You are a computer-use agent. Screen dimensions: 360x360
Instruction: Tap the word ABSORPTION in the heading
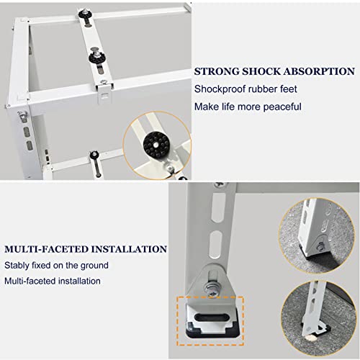pos(319,71)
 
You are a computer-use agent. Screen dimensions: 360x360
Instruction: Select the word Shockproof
pos(220,89)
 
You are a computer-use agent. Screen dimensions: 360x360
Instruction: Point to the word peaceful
pos(282,107)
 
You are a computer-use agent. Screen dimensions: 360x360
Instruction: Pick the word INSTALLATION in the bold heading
pos(129,249)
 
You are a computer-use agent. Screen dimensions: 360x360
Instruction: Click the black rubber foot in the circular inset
pos(156,145)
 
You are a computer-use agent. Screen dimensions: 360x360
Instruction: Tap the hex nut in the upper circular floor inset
pos(320,247)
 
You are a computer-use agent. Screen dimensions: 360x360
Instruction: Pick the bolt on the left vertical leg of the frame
pos(22,115)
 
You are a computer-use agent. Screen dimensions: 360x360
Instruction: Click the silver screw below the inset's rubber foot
pos(170,168)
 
